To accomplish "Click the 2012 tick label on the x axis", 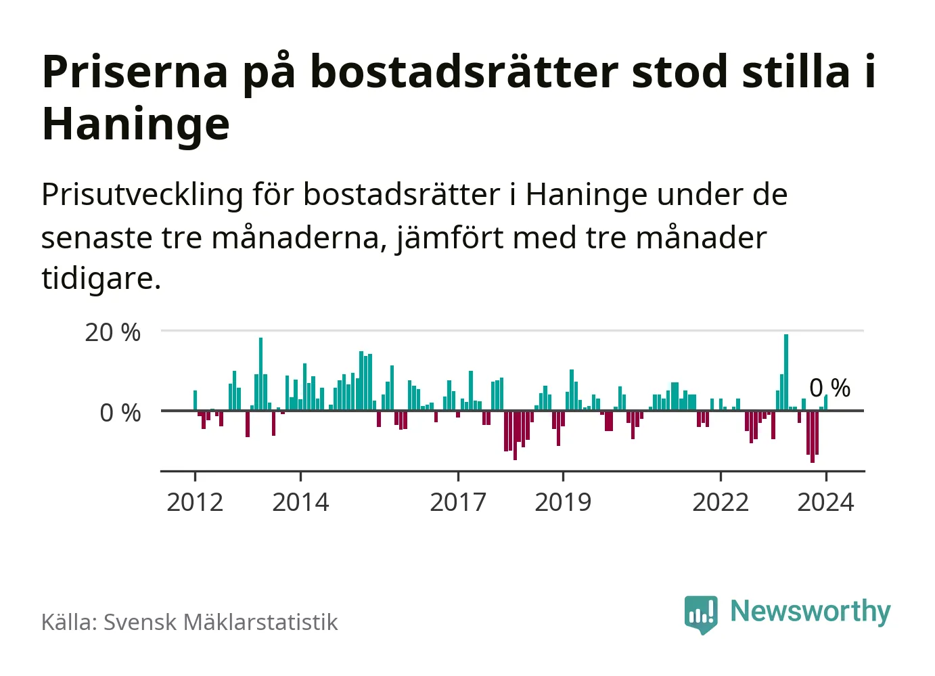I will pyautogui.click(x=195, y=503).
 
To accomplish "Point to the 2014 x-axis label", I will pyautogui.click(x=300, y=503).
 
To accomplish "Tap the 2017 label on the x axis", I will pyautogui.click(x=458, y=503).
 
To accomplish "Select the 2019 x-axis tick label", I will pyautogui.click(x=563, y=503).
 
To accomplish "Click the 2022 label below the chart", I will pyautogui.click(x=721, y=503).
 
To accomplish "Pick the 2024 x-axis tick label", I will pyautogui.click(x=825, y=503).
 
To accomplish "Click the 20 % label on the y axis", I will pyautogui.click(x=112, y=332).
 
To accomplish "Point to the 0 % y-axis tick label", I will pyautogui.click(x=120, y=413).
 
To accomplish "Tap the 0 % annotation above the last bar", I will pyautogui.click(x=830, y=388).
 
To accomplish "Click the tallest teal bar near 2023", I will pyautogui.click(x=786, y=372).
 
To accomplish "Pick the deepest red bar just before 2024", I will pyautogui.click(x=813, y=436).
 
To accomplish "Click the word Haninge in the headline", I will pyautogui.click(x=136, y=125).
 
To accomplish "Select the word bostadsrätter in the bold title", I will pyautogui.click(x=464, y=72).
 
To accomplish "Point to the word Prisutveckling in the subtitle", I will pyautogui.click(x=142, y=196).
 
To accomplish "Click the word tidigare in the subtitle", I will pyautogui.click(x=99, y=278).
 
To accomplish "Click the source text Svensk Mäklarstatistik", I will pyautogui.click(x=221, y=623).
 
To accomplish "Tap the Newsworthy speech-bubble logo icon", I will pyautogui.click(x=701, y=614).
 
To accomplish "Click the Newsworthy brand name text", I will pyautogui.click(x=810, y=612).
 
